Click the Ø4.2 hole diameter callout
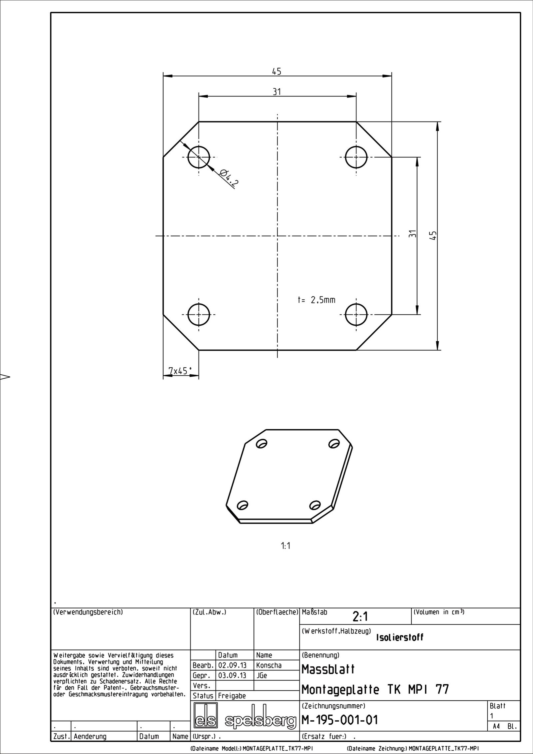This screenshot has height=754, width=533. click(230, 178)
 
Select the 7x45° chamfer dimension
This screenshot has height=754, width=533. click(180, 371)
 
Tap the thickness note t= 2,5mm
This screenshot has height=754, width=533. click(316, 300)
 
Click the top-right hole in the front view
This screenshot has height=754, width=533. click(356, 157)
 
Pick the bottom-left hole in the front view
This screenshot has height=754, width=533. click(199, 314)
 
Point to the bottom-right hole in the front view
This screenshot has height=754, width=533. click(356, 314)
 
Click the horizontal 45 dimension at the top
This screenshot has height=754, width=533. click(277, 72)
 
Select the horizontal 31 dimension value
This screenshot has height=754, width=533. click(277, 92)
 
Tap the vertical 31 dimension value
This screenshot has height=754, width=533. click(413, 234)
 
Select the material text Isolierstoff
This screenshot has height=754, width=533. click(399, 637)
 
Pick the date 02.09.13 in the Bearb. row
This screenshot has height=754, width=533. click(232, 665)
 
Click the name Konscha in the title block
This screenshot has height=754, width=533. click(269, 665)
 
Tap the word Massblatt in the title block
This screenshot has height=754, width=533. click(328, 669)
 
